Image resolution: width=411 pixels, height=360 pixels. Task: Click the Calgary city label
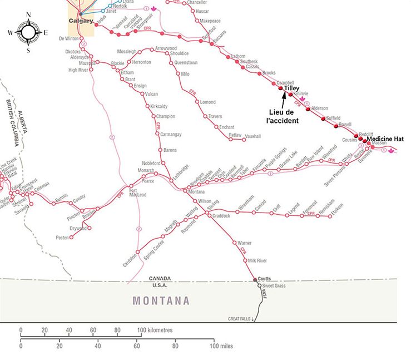pyautogui.click(x=80, y=21)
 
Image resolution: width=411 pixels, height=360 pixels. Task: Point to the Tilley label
pyautogui.click(x=291, y=88)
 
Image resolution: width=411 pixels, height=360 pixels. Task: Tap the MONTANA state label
pyautogui.click(x=161, y=301)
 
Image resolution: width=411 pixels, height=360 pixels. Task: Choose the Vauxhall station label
pyautogui.click(x=253, y=135)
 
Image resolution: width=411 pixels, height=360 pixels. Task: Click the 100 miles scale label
pyautogui.click(x=221, y=346)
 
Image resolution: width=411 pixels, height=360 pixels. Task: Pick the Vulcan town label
pyautogui.click(x=151, y=94)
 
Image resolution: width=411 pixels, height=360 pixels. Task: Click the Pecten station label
pyautogui.click(x=62, y=238)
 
